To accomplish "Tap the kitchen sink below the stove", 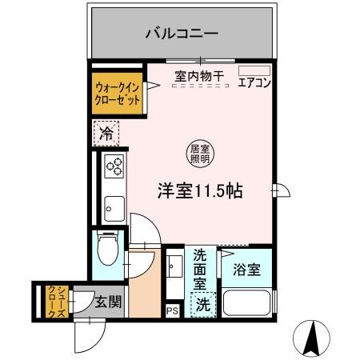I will (113, 206).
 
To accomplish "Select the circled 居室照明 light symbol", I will (198, 152).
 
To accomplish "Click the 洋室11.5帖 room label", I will (200, 192).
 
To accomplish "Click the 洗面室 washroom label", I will (200, 270).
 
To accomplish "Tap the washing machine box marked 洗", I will (203, 305).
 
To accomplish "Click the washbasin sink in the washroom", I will (174, 267).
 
